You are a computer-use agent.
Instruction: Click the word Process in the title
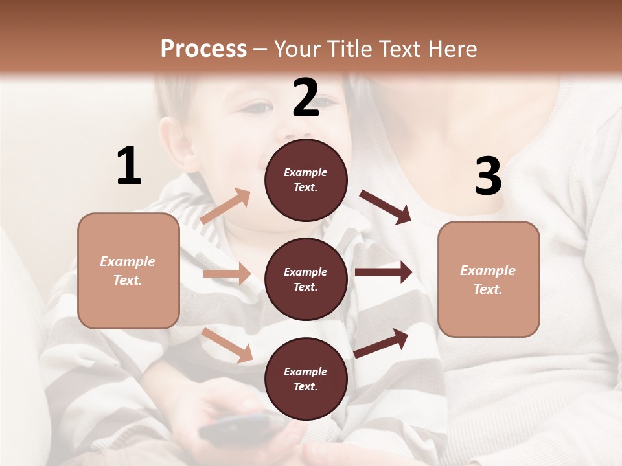(203, 49)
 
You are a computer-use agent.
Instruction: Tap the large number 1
(129, 166)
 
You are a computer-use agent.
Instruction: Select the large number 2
(306, 98)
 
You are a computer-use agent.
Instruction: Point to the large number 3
(488, 176)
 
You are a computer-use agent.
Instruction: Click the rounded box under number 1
(128, 271)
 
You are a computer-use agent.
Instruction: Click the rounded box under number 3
(489, 279)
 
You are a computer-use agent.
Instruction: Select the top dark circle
(306, 180)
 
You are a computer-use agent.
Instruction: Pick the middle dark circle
(306, 279)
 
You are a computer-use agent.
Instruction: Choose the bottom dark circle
(306, 379)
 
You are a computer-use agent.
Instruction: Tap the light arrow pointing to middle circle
(227, 274)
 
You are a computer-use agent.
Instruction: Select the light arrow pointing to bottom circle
(227, 345)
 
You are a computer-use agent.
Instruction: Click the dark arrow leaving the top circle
(386, 207)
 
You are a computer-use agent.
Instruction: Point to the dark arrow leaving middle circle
(384, 272)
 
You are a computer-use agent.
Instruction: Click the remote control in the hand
(240, 428)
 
